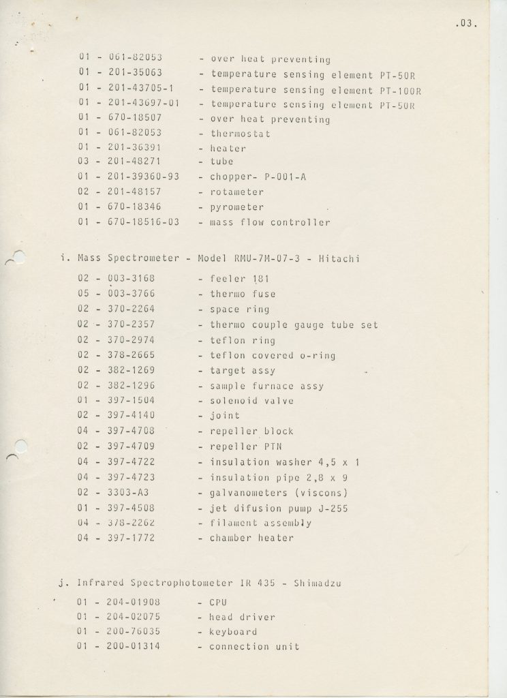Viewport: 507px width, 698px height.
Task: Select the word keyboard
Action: tap(233, 632)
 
